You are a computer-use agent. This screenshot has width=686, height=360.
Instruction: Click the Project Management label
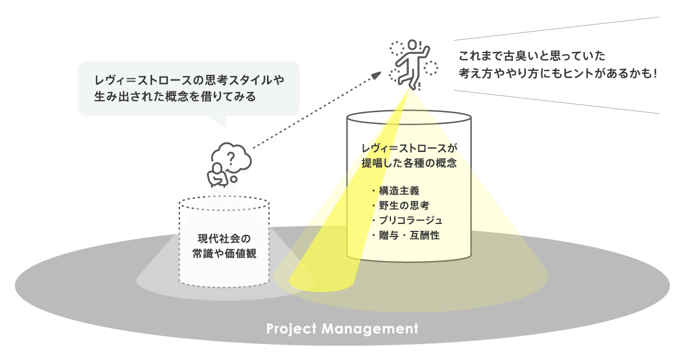coord(342,330)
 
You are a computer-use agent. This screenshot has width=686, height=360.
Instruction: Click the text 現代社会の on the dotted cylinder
coord(224,238)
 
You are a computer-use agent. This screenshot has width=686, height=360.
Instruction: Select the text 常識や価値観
coord(224,254)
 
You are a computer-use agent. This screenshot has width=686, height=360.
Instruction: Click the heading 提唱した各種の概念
coord(409,163)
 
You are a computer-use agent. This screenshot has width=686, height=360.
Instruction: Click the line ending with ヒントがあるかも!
coord(556,73)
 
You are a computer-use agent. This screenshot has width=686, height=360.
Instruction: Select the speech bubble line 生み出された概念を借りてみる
coord(175,96)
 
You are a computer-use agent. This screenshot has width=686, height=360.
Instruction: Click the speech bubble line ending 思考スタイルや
coord(189,80)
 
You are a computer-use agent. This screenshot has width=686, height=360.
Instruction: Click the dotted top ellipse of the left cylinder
coord(224,203)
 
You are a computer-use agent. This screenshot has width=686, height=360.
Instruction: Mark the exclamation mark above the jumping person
coord(420,44)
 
